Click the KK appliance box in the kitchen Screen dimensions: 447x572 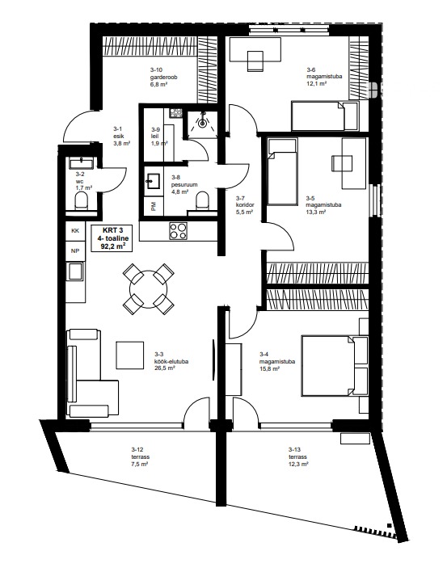[75, 231]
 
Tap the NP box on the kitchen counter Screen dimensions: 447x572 [75, 251]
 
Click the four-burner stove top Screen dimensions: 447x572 [178, 231]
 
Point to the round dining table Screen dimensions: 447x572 [148, 290]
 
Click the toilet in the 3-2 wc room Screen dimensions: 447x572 [81, 201]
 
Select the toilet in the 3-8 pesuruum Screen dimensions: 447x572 [203, 201]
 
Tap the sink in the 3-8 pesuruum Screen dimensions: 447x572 [153, 181]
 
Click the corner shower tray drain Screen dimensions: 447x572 [202, 124]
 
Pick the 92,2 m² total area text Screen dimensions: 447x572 [111, 246]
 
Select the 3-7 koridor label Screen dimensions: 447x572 [245, 205]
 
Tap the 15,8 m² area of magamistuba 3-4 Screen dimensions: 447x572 [269, 368]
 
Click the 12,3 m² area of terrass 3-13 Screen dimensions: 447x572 [298, 464]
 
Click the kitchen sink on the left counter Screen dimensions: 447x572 [75, 271]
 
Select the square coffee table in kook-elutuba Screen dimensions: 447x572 [130, 355]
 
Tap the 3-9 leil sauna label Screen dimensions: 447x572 [157, 137]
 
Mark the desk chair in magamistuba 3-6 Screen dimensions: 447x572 [255, 61]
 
